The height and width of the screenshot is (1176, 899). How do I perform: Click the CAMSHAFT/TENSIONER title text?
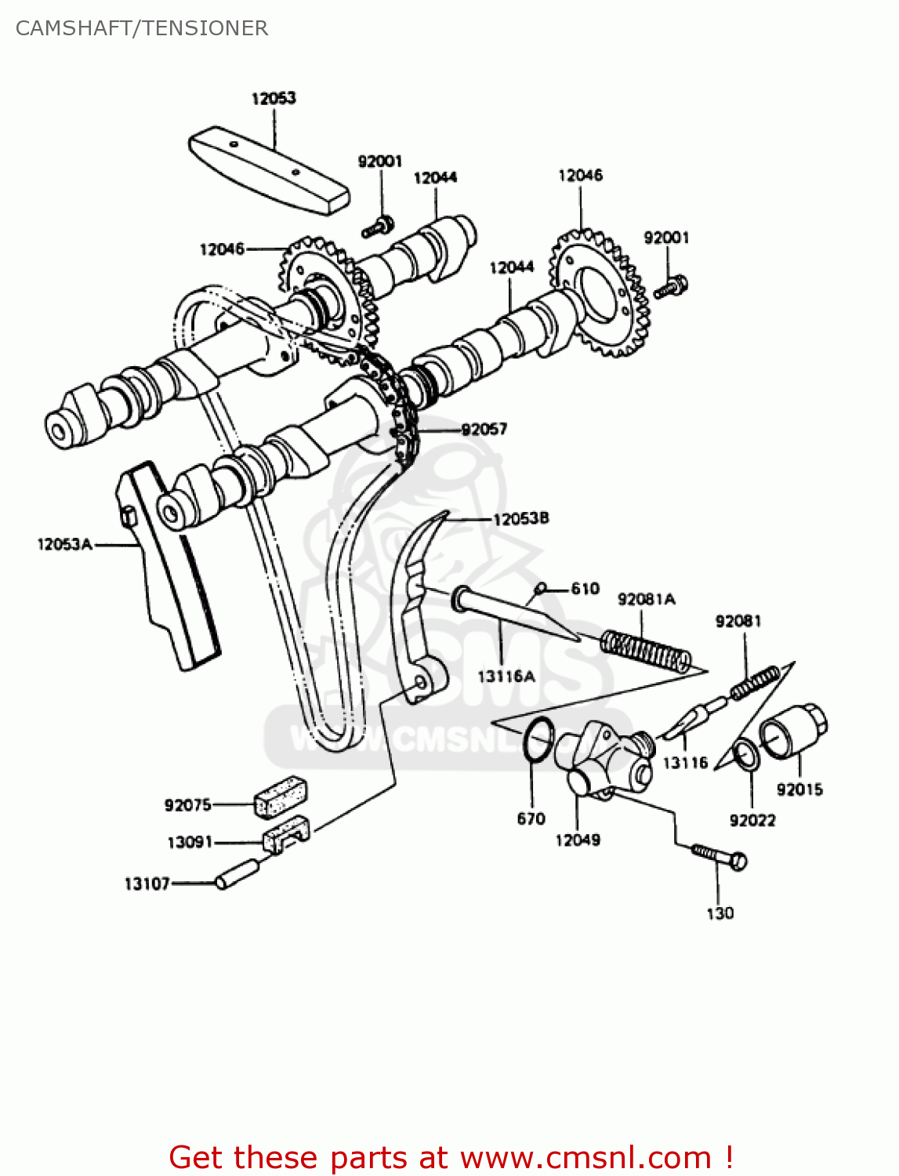(x=142, y=28)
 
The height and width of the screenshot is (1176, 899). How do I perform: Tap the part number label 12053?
(x=274, y=98)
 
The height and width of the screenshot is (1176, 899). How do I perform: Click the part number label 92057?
(x=484, y=429)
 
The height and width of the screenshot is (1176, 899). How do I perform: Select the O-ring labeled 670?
(x=538, y=739)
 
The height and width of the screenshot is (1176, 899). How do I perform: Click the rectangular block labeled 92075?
(x=280, y=795)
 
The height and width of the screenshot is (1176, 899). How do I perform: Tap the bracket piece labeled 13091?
(x=286, y=833)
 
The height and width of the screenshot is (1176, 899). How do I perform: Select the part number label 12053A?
(x=64, y=543)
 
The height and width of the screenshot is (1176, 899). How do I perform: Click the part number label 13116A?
(x=506, y=676)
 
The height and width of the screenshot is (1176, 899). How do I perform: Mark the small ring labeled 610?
(x=540, y=588)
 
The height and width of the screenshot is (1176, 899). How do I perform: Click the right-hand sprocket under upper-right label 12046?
(x=600, y=295)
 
